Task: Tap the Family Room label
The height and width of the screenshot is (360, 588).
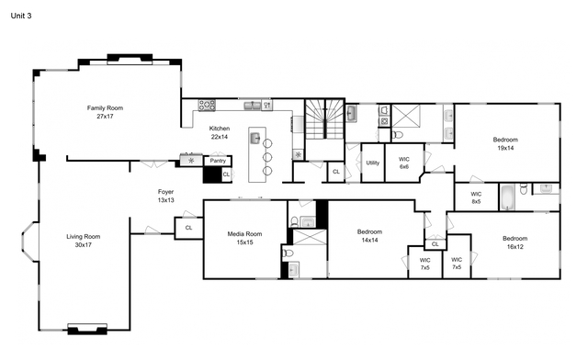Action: (105, 112)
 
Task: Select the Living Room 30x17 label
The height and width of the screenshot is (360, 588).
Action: (83, 242)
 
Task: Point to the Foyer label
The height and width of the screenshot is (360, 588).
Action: (165, 196)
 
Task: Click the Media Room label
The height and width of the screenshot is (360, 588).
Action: (246, 238)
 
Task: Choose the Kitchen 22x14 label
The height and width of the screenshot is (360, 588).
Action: (220, 132)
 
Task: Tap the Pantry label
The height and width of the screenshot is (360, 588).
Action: (218, 161)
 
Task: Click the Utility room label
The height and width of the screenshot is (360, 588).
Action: (372, 163)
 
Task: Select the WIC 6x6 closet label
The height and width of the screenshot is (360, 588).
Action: (403, 163)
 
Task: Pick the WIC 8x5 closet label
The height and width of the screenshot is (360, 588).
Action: (476, 197)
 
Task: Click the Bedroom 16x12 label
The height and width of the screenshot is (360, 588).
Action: (514, 242)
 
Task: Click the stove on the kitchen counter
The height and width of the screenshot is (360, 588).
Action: (207, 104)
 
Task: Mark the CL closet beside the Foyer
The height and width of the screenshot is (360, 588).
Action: (188, 227)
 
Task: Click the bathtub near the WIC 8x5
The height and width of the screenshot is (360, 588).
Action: (509, 196)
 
